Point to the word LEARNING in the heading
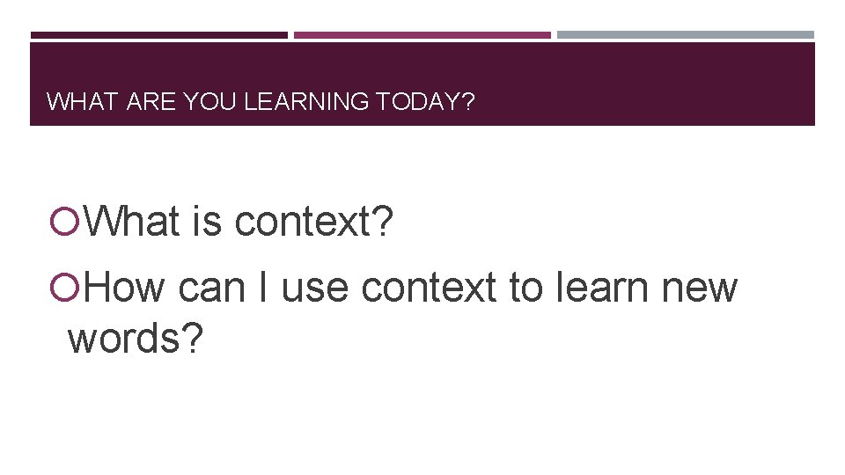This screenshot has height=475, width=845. pos(306,102)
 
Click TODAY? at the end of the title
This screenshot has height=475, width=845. pos(425,102)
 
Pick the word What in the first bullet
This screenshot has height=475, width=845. pos(133,222)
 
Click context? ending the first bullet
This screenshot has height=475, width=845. pos(314,222)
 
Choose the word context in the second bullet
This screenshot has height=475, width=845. pos(429,287)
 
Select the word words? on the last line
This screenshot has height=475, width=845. pos(136,338)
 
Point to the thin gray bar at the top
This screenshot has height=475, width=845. pos(686,35)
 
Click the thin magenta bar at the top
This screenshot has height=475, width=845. pos(422,35)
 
